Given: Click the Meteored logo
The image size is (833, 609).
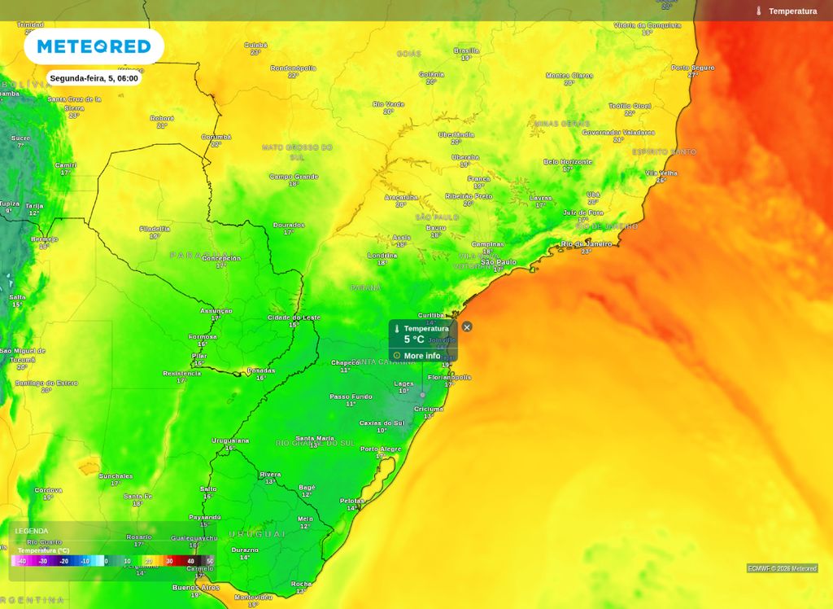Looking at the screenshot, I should click(x=94, y=46).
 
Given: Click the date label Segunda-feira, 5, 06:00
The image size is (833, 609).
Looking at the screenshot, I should click(x=94, y=78).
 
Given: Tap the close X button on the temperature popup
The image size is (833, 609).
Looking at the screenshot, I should click(x=467, y=326).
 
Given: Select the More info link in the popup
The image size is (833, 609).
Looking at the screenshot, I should click(x=421, y=356).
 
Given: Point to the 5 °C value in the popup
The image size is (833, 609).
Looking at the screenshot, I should click(x=414, y=340).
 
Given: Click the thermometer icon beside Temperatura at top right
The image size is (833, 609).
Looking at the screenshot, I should click(x=758, y=11).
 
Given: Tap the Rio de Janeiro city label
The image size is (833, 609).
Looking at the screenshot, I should click(x=586, y=243).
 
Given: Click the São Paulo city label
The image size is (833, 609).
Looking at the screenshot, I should click(x=499, y=262).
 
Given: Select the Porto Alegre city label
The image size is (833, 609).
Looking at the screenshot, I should click(x=381, y=449).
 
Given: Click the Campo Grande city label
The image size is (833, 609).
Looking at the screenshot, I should click(x=294, y=176).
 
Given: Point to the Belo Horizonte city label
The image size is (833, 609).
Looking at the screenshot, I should click(x=568, y=161).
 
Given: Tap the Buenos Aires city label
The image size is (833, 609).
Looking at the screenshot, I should click(x=195, y=587).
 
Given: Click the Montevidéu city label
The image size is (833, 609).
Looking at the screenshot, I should click(x=253, y=597).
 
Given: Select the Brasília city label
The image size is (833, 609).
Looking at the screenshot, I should click(x=466, y=50).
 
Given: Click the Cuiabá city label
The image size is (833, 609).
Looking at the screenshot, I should click(x=255, y=45).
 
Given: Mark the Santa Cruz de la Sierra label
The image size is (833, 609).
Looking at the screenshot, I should click(x=74, y=103).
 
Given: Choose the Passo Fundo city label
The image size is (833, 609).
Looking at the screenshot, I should click(x=351, y=397).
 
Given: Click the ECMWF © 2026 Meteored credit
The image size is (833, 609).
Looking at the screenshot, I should click(x=782, y=568).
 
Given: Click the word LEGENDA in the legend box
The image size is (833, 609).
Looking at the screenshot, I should click(x=32, y=531).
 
